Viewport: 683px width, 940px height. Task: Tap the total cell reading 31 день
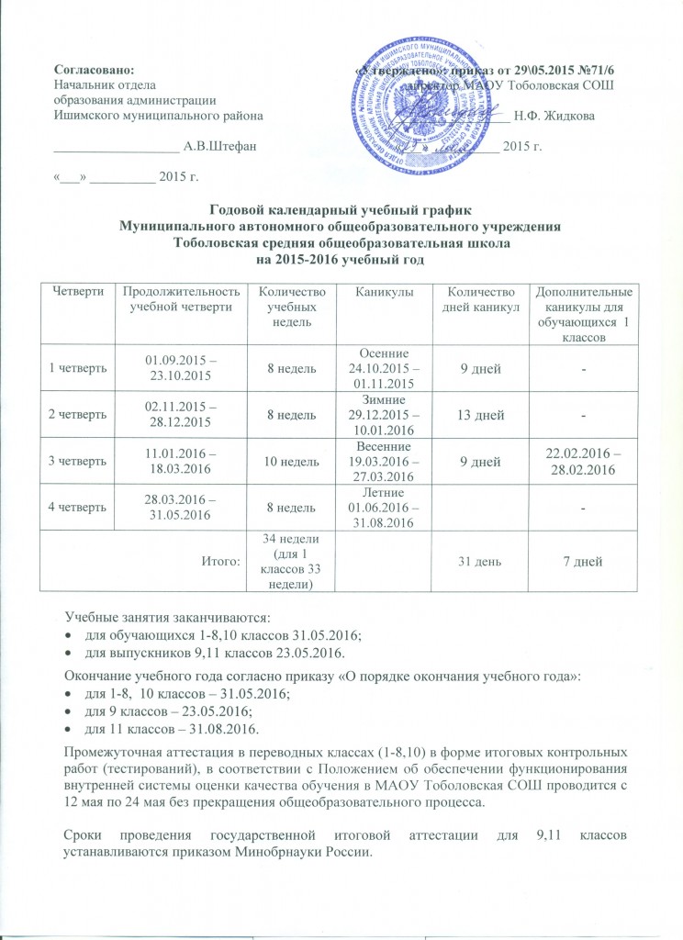coord(486,562)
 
